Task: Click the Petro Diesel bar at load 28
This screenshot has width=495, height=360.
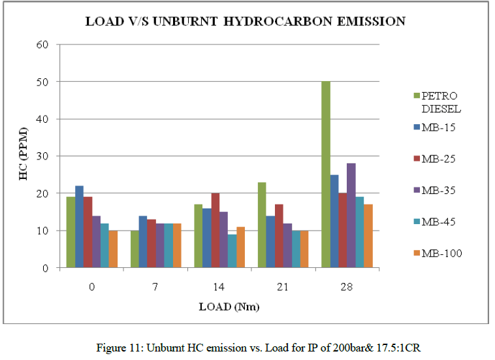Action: [x=325, y=174]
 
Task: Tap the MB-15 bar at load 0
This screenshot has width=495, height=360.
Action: [x=79, y=227]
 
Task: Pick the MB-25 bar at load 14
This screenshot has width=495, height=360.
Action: [x=215, y=231]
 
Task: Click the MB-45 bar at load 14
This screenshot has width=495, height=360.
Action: [x=232, y=251]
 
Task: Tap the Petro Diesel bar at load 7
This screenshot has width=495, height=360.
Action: [x=135, y=249]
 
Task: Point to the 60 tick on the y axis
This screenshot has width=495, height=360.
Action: [x=46, y=44]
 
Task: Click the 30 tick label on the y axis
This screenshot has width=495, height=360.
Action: [x=46, y=156]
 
